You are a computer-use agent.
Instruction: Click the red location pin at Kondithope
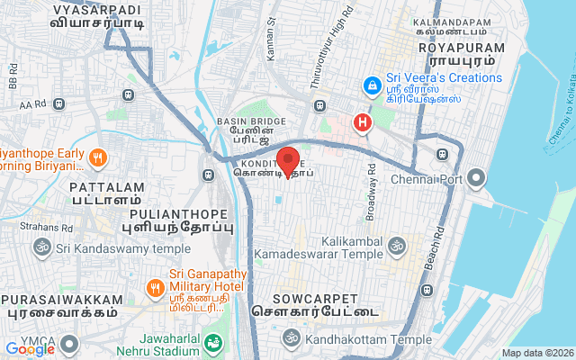(x=288, y=160)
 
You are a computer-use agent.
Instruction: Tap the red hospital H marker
(x=363, y=121)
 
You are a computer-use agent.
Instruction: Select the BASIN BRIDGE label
(x=251, y=121)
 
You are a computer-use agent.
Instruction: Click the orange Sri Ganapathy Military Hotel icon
(x=156, y=287)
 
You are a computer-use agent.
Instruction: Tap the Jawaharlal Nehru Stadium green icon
(x=213, y=343)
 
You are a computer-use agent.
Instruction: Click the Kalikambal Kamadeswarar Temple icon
(x=396, y=244)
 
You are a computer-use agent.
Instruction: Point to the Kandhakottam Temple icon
(x=290, y=339)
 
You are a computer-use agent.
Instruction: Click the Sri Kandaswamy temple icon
(x=40, y=247)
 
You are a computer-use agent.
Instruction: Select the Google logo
(x=30, y=348)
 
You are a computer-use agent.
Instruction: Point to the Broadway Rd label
(x=371, y=193)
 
